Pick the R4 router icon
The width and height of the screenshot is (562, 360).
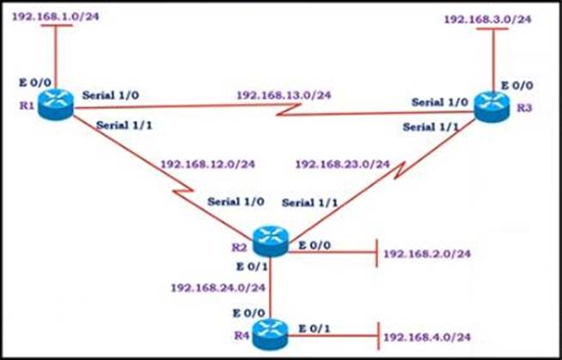coord(272,328)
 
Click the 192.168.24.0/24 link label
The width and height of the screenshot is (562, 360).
coord(218,286)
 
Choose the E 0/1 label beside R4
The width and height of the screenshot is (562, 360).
coord(313,327)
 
